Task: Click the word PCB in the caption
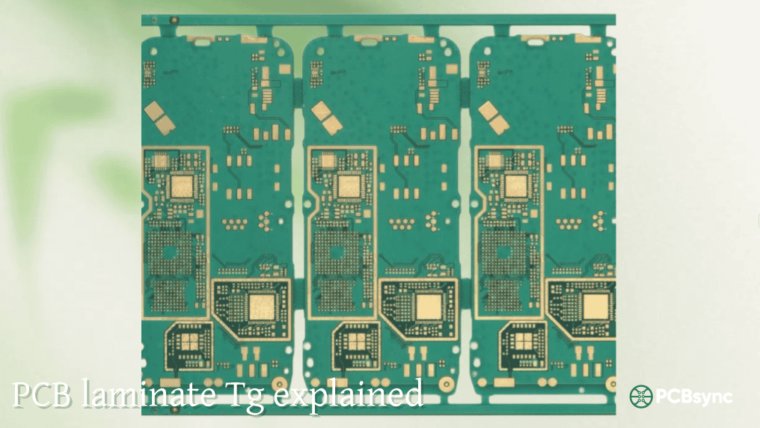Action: click(x=41, y=394)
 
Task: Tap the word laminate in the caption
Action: click(x=148, y=393)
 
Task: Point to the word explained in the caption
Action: click(x=349, y=394)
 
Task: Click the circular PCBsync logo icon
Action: click(x=641, y=397)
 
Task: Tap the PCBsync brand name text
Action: click(x=694, y=397)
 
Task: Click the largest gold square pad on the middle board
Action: click(x=429, y=308)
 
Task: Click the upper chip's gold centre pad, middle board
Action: click(x=349, y=186)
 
